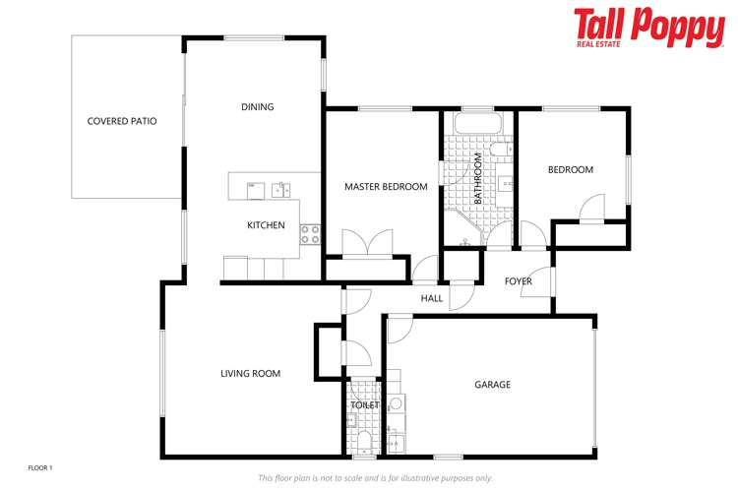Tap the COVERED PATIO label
pos(122,121)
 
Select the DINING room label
pos(258,107)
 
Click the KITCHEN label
pos(266,225)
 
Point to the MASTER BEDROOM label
pos(386,187)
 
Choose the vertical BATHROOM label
pos(478,177)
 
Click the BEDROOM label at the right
pos(571,170)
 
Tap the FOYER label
pos(519,281)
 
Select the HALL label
pos(432,298)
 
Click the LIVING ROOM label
pos(251,373)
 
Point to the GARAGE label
pos(493,385)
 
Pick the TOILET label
pos(365,404)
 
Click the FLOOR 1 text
pos(39,467)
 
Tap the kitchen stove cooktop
pos(309,234)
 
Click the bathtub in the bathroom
pos(478,125)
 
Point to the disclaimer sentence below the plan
pos(375,478)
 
